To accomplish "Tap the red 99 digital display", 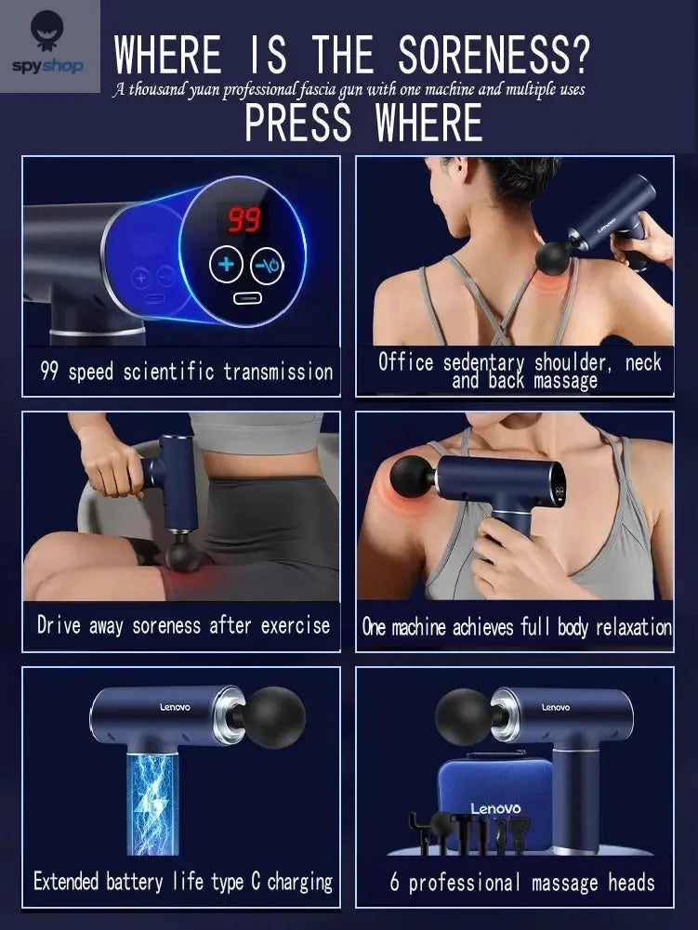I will click(244, 220).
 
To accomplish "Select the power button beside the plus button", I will click(270, 265).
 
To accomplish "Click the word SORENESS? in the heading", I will click(494, 56).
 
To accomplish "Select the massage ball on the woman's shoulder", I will click(412, 476).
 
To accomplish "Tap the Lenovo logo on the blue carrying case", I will click(495, 808).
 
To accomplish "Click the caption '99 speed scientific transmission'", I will click(186, 373).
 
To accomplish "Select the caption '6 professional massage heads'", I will click(522, 882).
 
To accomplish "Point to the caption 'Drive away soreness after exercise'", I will click(183, 625).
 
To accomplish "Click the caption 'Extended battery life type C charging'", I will click(183, 881).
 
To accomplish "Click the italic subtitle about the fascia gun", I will click(349, 90).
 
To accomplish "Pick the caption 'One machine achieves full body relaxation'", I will click(517, 627).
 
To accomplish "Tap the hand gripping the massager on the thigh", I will click(109, 464).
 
